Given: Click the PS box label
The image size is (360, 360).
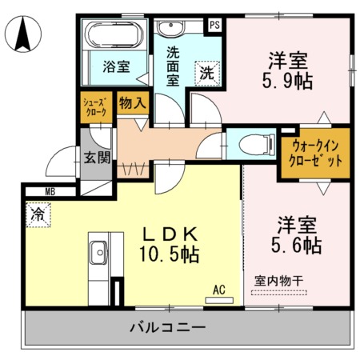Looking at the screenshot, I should [214, 24].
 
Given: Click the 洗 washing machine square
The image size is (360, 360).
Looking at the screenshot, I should [206, 72].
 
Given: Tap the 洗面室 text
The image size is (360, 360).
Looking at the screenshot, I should [174, 68].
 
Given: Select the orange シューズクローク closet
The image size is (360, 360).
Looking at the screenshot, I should [97, 107].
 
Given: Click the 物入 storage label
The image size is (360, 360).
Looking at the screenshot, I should [133, 102].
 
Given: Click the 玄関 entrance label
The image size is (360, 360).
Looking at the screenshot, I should [97, 157].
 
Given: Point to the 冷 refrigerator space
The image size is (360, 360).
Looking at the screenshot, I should [37, 214].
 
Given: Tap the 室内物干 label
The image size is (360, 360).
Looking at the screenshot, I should [280, 281].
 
